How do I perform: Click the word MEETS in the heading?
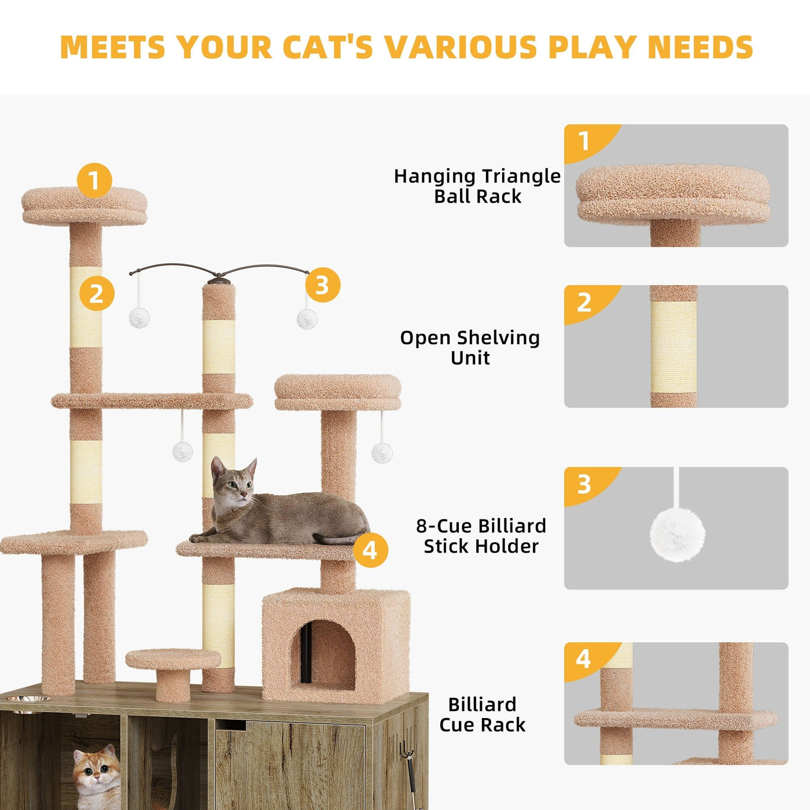point(113,47)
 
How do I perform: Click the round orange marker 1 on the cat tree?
point(94,180)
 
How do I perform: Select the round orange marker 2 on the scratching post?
point(97,293)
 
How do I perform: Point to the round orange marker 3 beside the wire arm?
point(322,285)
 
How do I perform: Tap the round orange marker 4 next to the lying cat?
point(370,550)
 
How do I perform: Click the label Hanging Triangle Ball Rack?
point(477,186)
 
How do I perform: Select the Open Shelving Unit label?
point(470,347)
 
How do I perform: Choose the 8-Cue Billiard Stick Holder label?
point(481,536)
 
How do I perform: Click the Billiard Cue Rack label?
point(482,714)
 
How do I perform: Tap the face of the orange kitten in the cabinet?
point(97,772)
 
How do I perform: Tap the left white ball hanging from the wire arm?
point(139,318)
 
